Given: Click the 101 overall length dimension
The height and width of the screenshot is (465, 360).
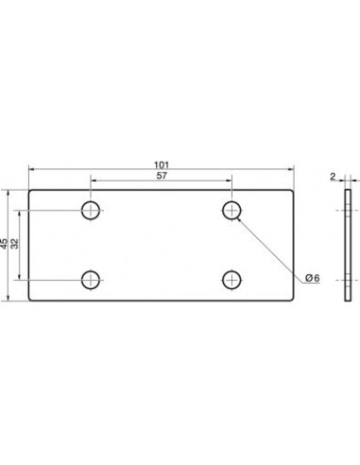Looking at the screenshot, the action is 162,164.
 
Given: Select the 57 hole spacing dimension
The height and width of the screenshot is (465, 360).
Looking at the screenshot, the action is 162,176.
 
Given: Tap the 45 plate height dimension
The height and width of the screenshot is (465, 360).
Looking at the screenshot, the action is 4,244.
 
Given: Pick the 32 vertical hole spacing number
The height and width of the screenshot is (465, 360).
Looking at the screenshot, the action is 15,244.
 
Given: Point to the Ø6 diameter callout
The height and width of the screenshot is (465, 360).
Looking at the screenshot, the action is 313,278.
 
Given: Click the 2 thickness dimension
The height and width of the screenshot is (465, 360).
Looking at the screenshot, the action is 333,177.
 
